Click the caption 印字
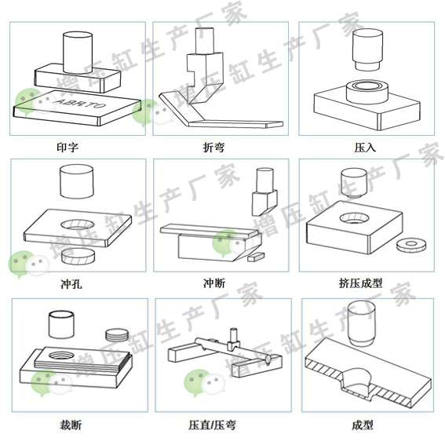67,148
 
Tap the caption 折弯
213,148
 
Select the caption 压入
365,148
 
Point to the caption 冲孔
71,283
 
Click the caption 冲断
214,283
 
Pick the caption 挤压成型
360,283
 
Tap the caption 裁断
71,425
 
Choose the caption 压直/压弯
212,425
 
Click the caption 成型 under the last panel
363,425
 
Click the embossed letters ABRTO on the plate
79,104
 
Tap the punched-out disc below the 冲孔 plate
78,256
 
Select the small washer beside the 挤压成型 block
411,245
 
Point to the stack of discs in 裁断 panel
117,334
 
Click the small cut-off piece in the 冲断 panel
256,257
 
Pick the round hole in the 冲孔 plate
77,225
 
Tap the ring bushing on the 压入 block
367,92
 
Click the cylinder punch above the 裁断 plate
61,324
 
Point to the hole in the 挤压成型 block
354,218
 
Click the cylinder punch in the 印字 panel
78,53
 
